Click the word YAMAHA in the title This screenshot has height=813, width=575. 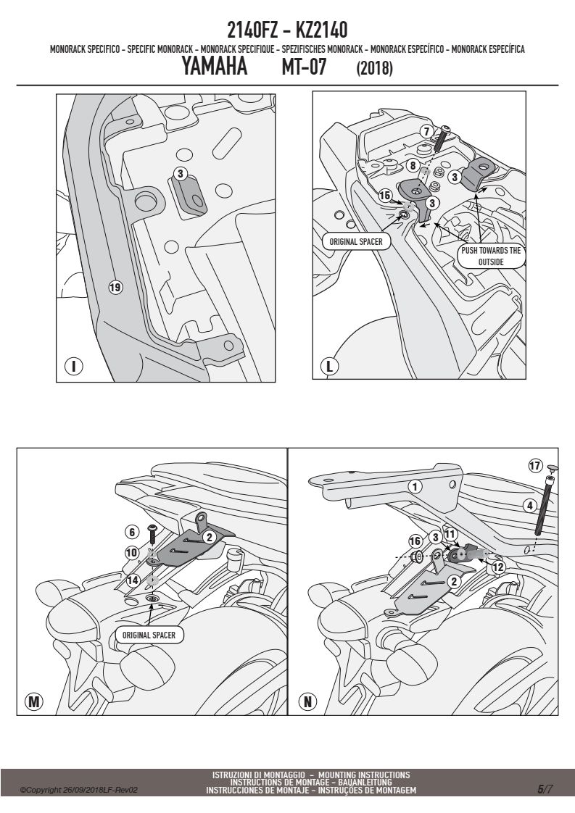[x=215, y=67]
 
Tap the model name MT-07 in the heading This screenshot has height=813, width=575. [x=304, y=67]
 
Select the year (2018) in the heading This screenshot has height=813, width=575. [x=374, y=68]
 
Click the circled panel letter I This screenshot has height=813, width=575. [x=74, y=366]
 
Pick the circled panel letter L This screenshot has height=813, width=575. [x=329, y=366]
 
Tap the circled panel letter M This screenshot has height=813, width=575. [x=34, y=701]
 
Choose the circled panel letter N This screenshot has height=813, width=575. [x=307, y=701]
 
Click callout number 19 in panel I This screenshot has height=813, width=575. [x=115, y=287]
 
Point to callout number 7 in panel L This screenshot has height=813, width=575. [x=426, y=132]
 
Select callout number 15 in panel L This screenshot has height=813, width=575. [x=384, y=196]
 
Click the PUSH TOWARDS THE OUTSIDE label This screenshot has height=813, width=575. [x=491, y=256]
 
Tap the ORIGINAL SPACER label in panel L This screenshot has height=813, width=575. [x=356, y=241]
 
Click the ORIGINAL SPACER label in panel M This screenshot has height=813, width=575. [x=149, y=635]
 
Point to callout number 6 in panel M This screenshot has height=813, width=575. [x=132, y=532]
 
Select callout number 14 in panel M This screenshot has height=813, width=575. [x=133, y=580]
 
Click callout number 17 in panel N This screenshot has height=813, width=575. [x=535, y=465]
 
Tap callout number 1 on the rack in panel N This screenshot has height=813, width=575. [x=415, y=486]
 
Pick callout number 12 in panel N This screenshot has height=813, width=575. [x=498, y=567]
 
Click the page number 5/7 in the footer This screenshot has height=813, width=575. [x=545, y=789]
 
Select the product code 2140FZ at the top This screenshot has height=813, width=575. [x=252, y=30]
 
